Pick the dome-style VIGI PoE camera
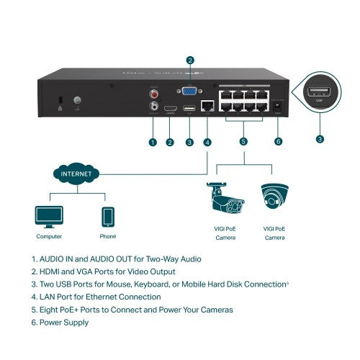(x=273, y=197)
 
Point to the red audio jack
(x=153, y=92)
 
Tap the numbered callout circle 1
(x=153, y=143)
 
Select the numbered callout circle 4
(x=207, y=143)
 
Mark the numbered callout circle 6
(x=279, y=143)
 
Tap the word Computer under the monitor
(x=48, y=236)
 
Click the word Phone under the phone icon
(x=108, y=236)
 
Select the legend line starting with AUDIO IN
(x=116, y=258)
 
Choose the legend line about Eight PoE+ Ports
(x=132, y=310)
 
